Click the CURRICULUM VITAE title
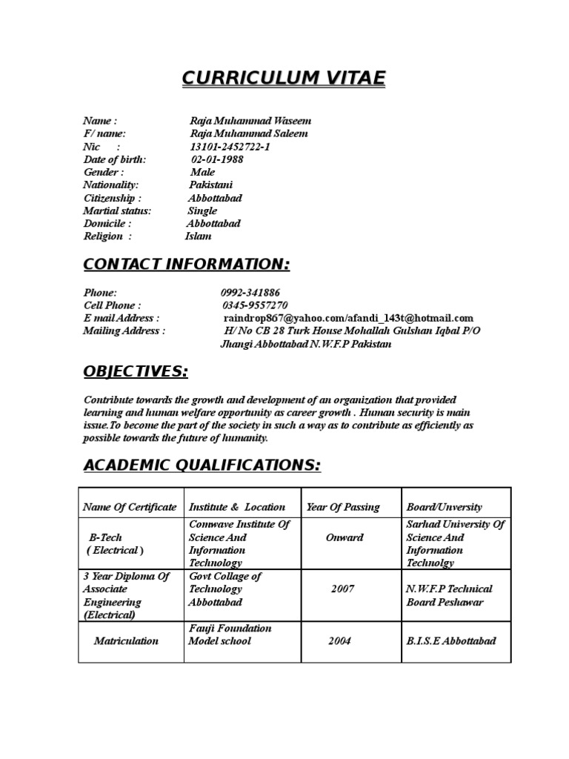(284, 79)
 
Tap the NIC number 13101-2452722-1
(230, 147)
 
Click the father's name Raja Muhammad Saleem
(249, 133)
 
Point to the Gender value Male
(202, 172)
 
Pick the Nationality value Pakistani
(210, 185)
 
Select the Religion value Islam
(198, 236)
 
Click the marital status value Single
(202, 211)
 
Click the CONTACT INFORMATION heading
(186, 265)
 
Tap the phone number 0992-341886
(250, 293)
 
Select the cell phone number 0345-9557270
(255, 305)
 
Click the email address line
(342, 318)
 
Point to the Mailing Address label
(124, 331)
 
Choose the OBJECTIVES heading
(136, 371)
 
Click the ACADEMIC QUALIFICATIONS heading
(202, 465)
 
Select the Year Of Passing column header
(342, 507)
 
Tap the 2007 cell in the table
(342, 589)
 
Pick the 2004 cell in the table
(340, 640)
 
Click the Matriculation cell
(126, 640)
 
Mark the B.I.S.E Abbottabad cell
(451, 640)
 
